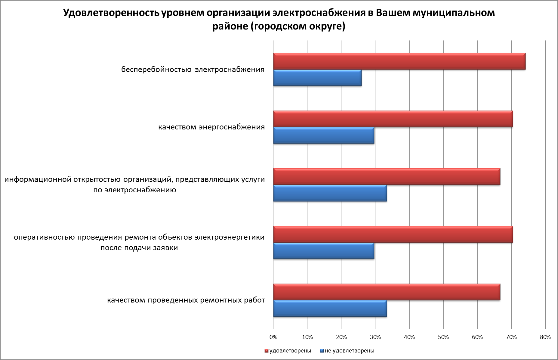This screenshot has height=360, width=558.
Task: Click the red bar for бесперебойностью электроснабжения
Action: pyautogui.click(x=399, y=61)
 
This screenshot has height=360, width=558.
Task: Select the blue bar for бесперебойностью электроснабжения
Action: pyautogui.click(x=317, y=78)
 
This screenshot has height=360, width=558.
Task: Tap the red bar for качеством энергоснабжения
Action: pyautogui.click(x=393, y=119)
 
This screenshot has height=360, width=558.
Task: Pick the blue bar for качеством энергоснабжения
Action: pyautogui.click(x=324, y=135)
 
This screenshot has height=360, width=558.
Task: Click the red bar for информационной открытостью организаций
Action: pyautogui.click(x=387, y=177)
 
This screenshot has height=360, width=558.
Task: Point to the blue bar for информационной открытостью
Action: pyautogui.click(x=330, y=193)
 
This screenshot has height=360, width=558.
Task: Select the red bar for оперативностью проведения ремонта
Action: pyautogui.click(x=393, y=234)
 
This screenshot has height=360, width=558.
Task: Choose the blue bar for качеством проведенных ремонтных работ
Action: pyautogui.click(x=330, y=309)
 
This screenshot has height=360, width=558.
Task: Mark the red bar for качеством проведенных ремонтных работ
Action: pyautogui.click(x=387, y=292)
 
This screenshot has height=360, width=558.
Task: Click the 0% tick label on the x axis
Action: pyautogui.click(x=273, y=337)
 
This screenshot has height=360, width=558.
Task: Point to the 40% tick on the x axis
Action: pyautogui.click(x=409, y=337)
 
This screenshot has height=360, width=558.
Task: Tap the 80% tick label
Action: pyautogui.click(x=545, y=337)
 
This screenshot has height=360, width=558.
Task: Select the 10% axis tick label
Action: pyautogui.click(x=307, y=337)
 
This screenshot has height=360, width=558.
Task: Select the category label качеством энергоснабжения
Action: pyautogui.click(x=211, y=127)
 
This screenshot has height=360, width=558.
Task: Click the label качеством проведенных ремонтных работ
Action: pyautogui.click(x=186, y=300)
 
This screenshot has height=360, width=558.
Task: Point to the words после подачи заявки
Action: pyautogui.click(x=139, y=248)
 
